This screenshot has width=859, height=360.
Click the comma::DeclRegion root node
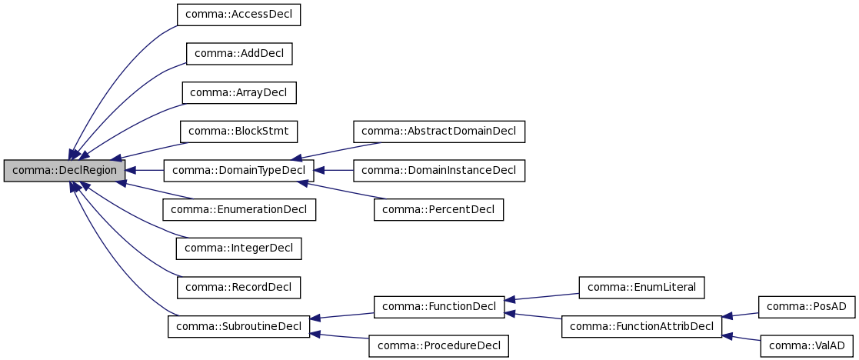click(65, 171)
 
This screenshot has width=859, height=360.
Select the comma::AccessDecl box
click(238, 14)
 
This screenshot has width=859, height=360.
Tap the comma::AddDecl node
click(239, 53)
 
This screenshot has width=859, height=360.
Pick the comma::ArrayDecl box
click(239, 92)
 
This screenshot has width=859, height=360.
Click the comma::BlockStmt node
click(238, 132)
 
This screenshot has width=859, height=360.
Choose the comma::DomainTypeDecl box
click(238, 171)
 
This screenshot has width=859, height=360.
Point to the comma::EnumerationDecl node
click(238, 209)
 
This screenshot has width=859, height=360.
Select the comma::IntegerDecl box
click(238, 248)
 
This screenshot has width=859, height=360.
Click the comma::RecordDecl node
click(238, 288)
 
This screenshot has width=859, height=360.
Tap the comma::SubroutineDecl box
click(238, 326)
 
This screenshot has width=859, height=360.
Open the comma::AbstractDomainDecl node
click(439, 132)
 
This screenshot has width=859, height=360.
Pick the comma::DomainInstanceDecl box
click(439, 171)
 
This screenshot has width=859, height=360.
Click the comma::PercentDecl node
click(438, 209)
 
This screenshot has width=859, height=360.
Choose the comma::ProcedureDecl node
click(438, 346)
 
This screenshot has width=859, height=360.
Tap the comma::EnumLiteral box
click(641, 288)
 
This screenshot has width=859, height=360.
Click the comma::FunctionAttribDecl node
click(641, 326)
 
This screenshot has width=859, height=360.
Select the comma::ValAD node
click(806, 346)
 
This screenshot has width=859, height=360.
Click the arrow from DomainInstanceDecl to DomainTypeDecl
click(334, 171)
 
